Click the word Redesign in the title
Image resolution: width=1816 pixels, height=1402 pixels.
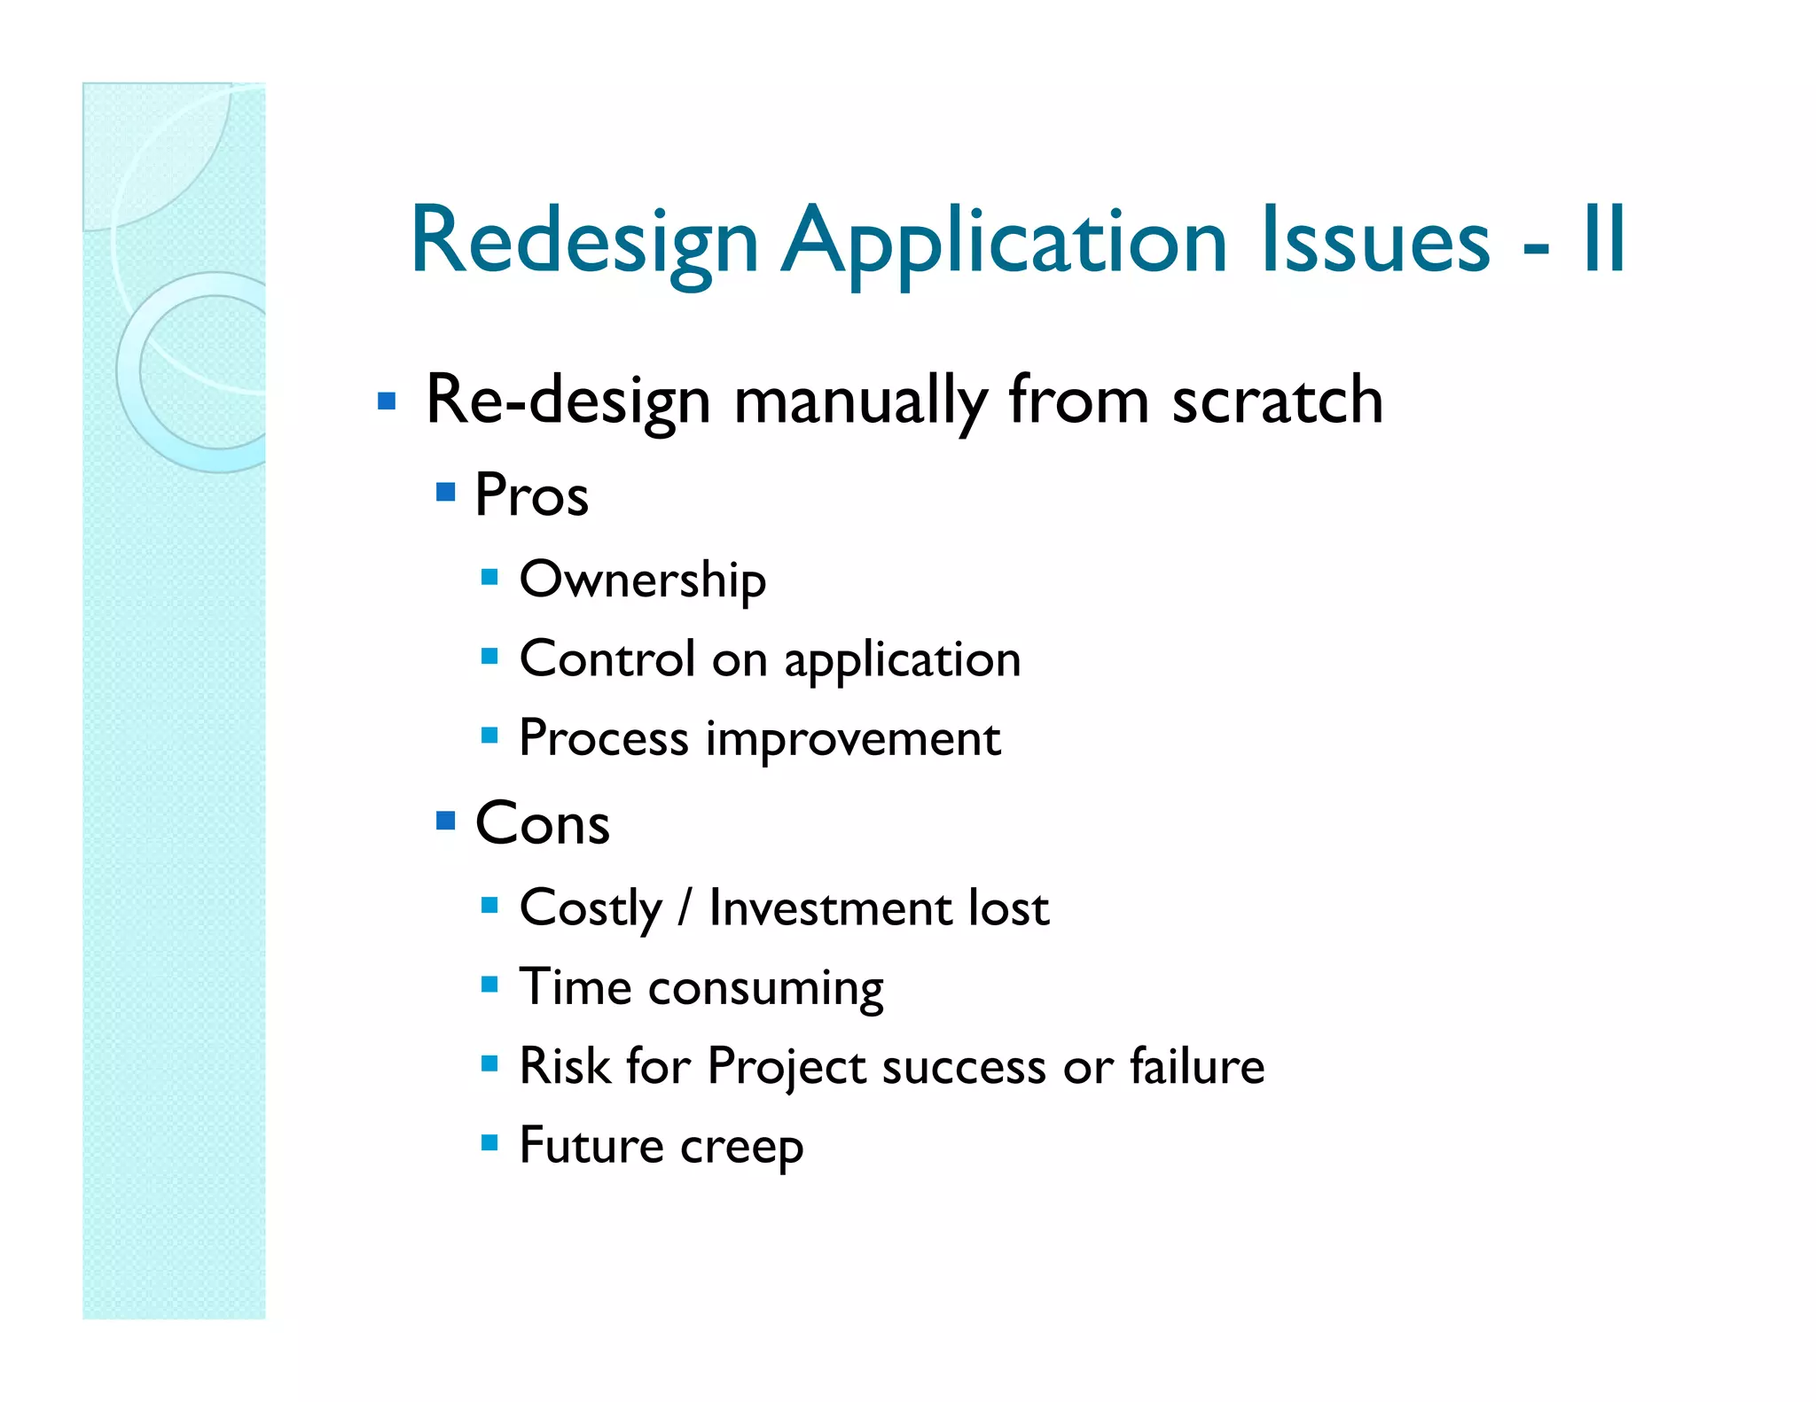(584, 241)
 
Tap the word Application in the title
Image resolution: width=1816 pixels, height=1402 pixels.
(1004, 241)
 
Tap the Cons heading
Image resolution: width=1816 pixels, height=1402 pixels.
(542, 823)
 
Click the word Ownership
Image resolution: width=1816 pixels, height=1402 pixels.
(642, 580)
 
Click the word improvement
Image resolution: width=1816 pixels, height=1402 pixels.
(852, 739)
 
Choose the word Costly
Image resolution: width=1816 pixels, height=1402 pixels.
(591, 908)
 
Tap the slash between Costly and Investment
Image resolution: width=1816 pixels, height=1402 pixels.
(684, 908)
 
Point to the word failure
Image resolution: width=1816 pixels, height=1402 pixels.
(1196, 1065)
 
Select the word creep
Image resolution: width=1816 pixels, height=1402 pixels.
(741, 1147)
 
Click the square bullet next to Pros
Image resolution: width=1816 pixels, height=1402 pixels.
(446, 492)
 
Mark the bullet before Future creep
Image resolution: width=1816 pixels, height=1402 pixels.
(489, 1141)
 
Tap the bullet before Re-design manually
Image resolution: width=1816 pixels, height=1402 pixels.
(386, 401)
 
